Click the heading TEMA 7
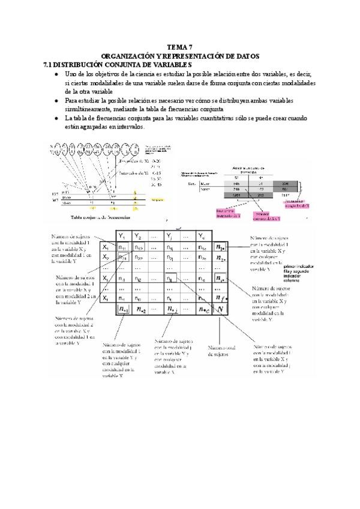pyautogui.click(x=179, y=47)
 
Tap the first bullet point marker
pyautogui.click(x=56, y=73)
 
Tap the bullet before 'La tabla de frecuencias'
pyautogui.click(x=56, y=118)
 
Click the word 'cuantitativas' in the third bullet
pyautogui.click(x=213, y=118)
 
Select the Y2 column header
pyautogui.click(x=139, y=235)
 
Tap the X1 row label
pyautogui.click(x=106, y=247)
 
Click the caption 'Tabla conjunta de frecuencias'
pyautogui.click(x=100, y=218)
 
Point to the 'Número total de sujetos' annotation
pyautogui.click(x=222, y=351)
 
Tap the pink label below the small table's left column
pyautogui.click(x=227, y=212)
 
